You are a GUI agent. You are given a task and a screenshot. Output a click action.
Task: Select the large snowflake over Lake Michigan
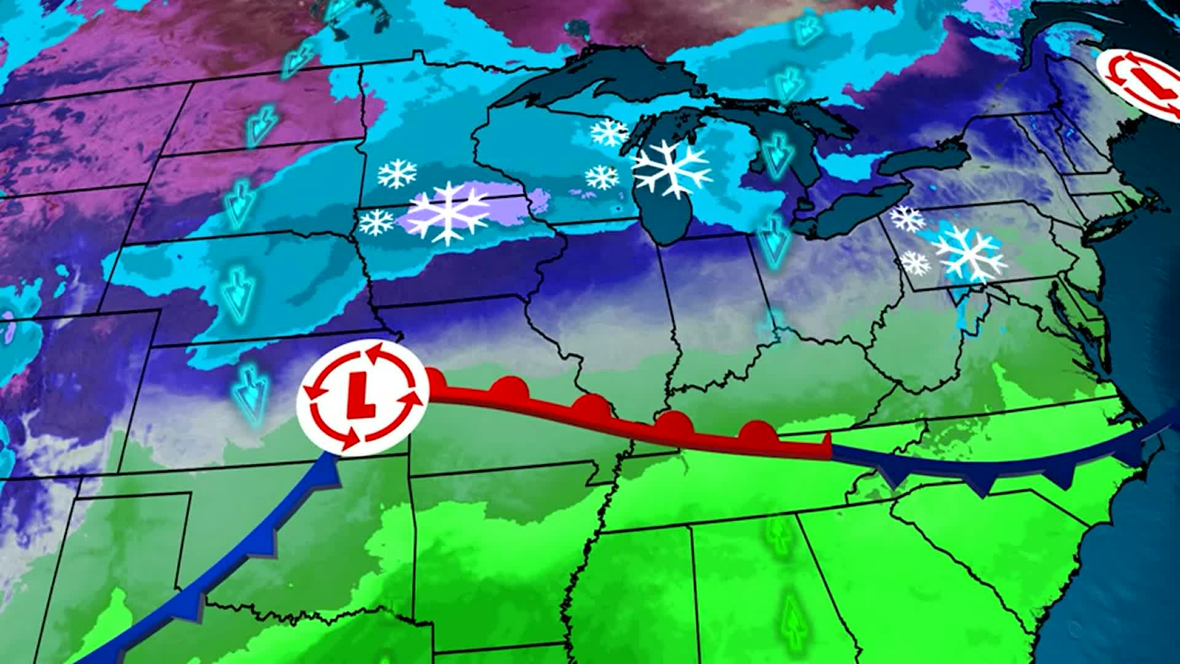pyautogui.click(x=672, y=167)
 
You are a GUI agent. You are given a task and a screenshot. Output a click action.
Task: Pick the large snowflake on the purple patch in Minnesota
pyautogui.click(x=447, y=212)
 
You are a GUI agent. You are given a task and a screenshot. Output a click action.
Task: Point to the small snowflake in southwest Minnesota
pyautogui.click(x=376, y=223)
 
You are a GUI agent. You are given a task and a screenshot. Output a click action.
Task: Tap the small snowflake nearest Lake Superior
pyautogui.click(x=608, y=132)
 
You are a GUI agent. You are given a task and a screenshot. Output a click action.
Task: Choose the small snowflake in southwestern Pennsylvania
pyautogui.click(x=915, y=263)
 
